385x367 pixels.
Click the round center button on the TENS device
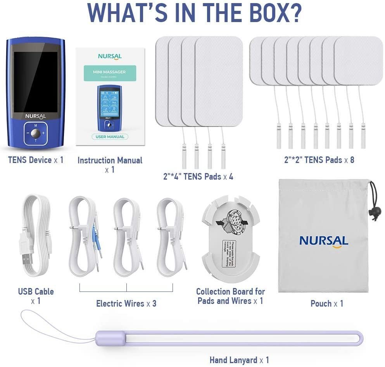click(36, 133)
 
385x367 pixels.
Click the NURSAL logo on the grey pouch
click(324, 241)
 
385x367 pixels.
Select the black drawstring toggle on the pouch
click(374, 212)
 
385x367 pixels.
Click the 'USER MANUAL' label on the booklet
click(110, 137)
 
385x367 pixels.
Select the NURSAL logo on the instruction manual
click(110, 57)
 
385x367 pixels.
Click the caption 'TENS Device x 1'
click(36, 160)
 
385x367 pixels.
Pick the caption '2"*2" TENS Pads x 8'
click(319, 159)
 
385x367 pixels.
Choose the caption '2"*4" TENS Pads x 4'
click(198, 177)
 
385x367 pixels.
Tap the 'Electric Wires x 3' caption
click(126, 303)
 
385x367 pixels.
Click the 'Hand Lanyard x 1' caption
click(239, 360)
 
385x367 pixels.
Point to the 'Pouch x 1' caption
click(327, 304)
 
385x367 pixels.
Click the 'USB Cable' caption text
click(36, 292)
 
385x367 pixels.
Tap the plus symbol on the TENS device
click(43, 133)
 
